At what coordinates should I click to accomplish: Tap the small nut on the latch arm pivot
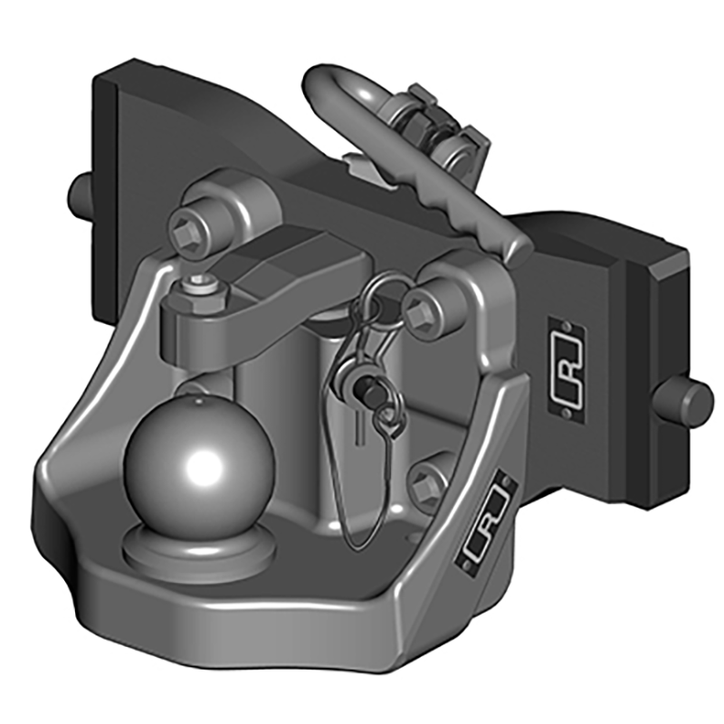(200, 288)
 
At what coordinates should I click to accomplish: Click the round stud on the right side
(692, 400)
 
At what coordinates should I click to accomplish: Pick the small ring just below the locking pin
(386, 418)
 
